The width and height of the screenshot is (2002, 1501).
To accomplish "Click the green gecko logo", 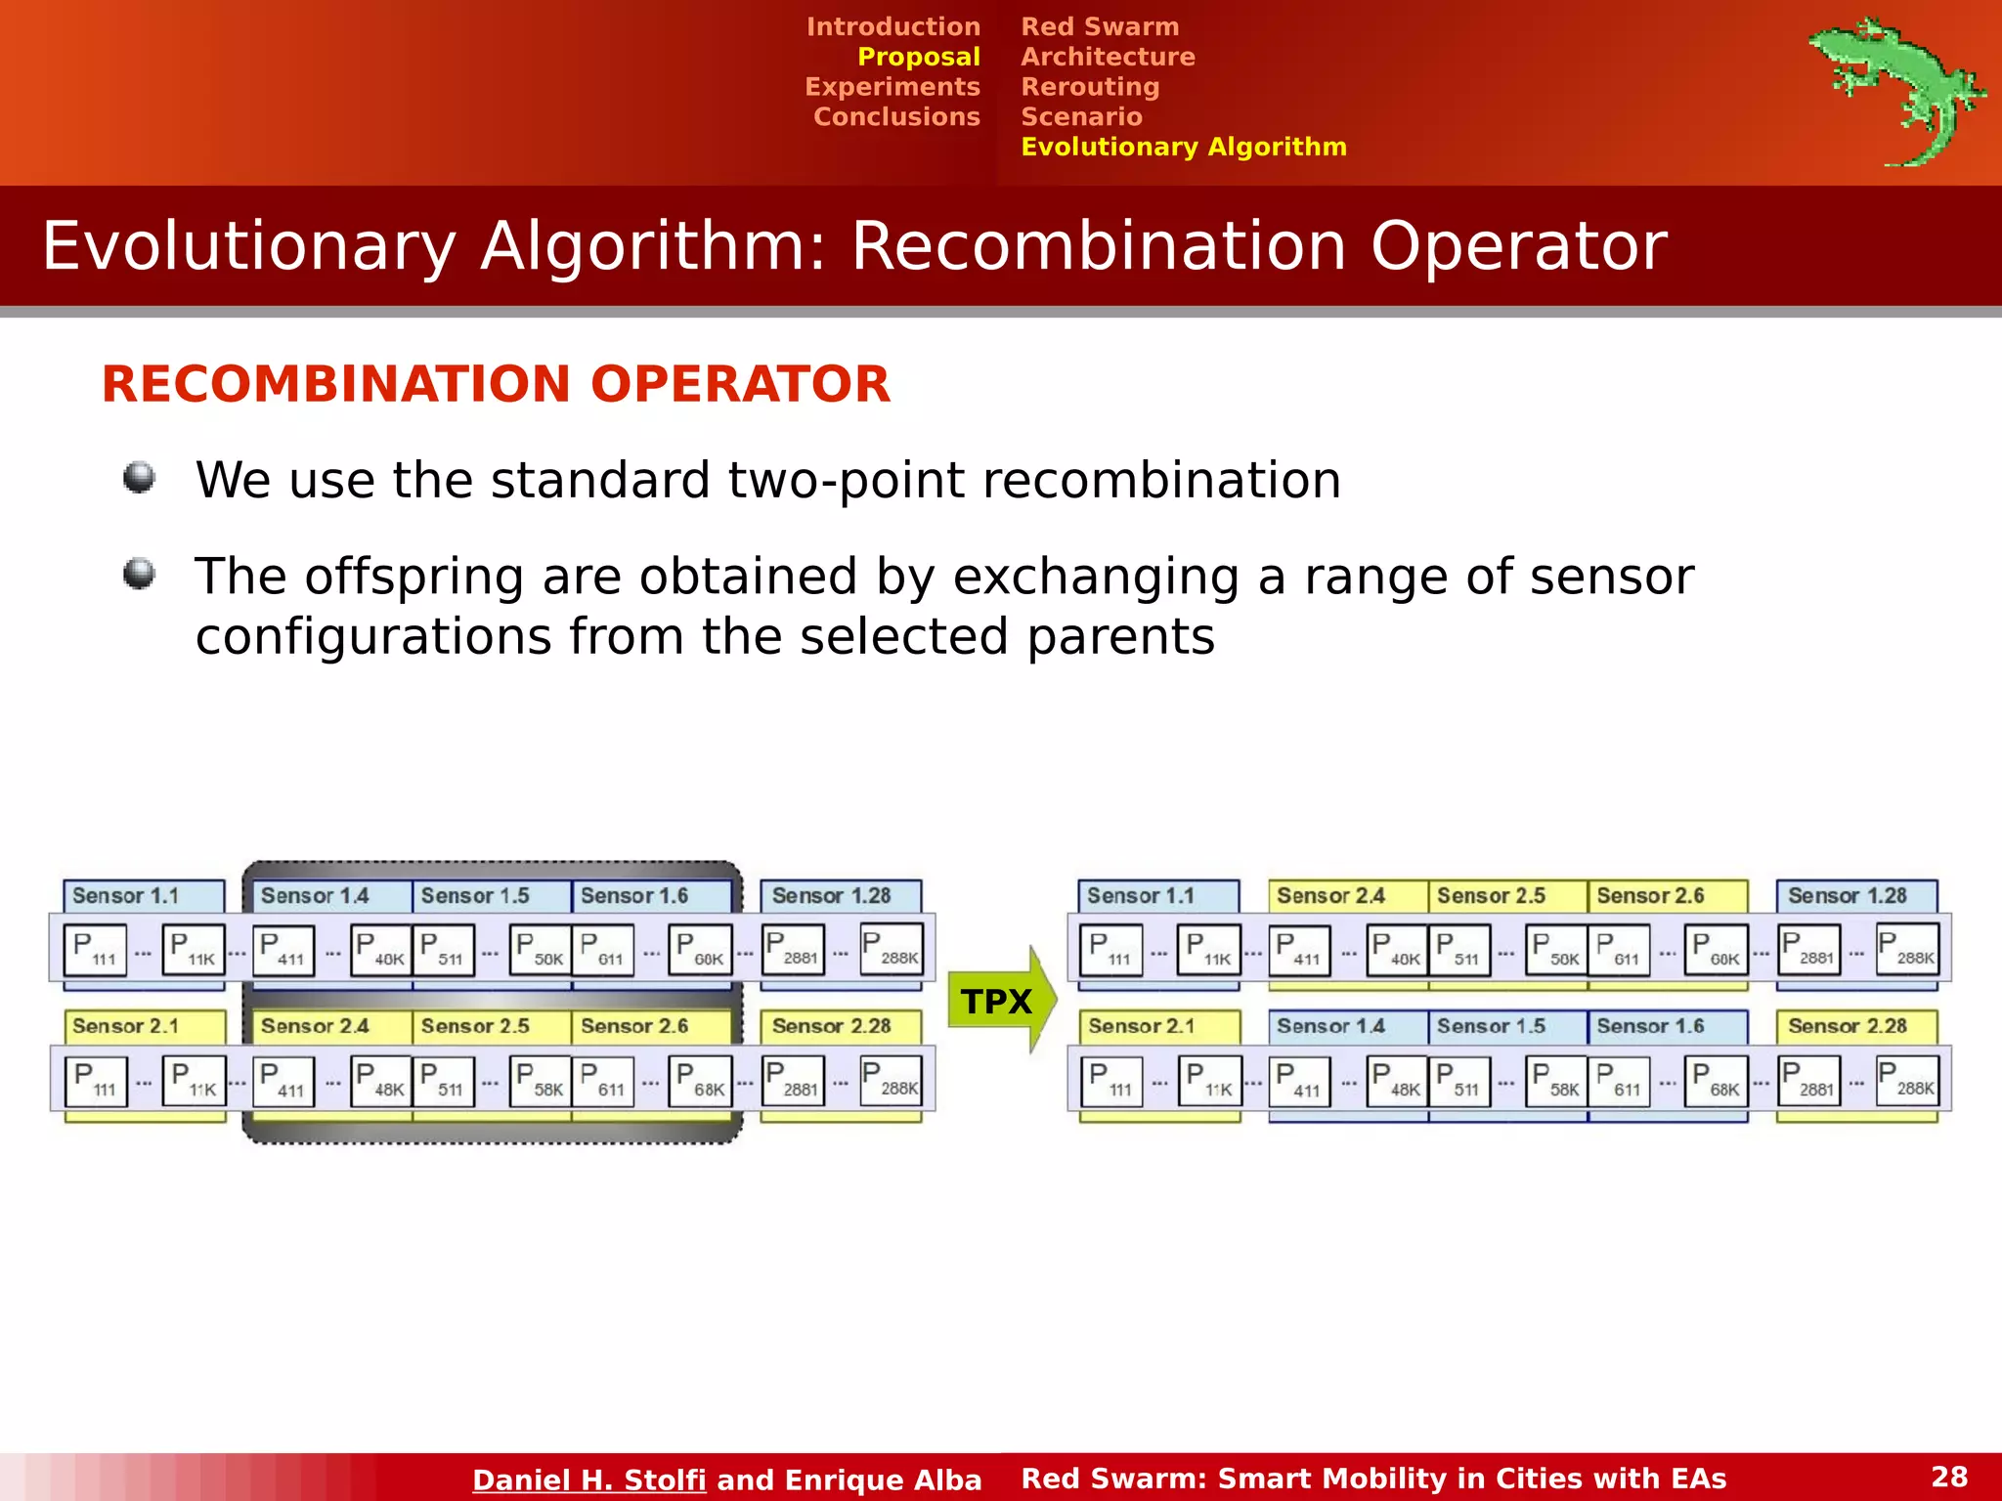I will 1896,90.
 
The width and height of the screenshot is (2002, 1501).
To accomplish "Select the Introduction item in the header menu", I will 892,26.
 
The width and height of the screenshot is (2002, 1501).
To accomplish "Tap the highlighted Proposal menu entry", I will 918,57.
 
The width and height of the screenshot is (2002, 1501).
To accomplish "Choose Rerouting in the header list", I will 1090,87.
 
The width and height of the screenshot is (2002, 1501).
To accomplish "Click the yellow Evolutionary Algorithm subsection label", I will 1183,147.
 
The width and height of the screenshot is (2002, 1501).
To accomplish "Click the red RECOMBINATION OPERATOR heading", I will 496,384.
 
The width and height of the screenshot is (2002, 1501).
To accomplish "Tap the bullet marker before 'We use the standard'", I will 140,478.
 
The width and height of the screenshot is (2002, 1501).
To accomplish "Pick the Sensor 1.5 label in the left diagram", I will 475,896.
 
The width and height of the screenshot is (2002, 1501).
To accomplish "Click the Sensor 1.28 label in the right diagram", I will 1847,896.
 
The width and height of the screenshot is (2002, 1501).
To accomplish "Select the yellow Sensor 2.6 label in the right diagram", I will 1650,896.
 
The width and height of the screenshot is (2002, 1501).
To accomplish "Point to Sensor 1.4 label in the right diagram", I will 1330,1026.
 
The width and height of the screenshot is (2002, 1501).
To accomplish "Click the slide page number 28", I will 1949,1477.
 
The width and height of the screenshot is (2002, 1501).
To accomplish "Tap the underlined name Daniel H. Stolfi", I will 588,1480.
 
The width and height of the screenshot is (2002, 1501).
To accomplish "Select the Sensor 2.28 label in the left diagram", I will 831,1026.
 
